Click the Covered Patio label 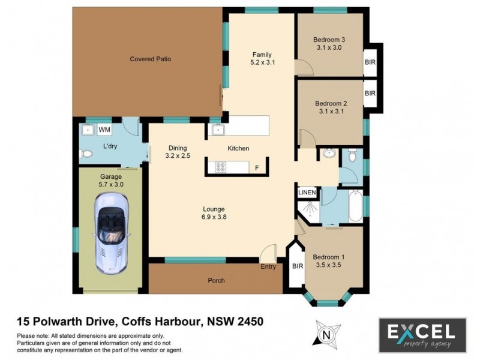point(146,59)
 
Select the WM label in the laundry point(104,130)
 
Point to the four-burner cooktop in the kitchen point(220,167)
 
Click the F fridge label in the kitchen point(257,167)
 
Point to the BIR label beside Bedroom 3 point(370,62)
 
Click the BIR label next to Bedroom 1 point(296,265)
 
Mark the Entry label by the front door point(268,266)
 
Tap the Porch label point(216,280)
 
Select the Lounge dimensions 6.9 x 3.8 point(214,218)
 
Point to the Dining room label point(178,148)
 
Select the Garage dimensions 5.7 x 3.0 point(110,185)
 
